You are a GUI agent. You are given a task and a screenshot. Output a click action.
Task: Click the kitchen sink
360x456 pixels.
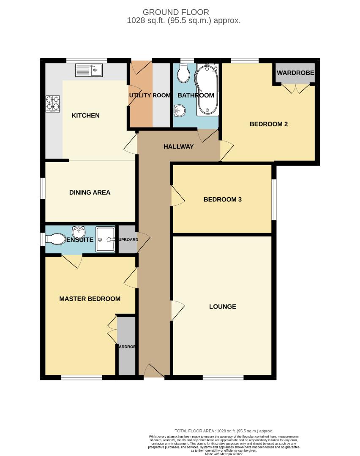(x=89, y=70)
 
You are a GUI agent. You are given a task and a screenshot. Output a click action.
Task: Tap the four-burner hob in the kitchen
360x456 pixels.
(x=53, y=104)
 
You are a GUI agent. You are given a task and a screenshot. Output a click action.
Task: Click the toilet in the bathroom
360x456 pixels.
(x=183, y=73)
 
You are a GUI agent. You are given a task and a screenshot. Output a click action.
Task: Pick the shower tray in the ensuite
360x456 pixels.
(x=105, y=239)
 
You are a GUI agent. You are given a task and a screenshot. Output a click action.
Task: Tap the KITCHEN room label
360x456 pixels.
(x=85, y=115)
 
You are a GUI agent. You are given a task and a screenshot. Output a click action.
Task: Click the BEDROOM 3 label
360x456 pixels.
(x=222, y=199)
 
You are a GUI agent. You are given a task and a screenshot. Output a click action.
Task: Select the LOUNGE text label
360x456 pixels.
(x=222, y=307)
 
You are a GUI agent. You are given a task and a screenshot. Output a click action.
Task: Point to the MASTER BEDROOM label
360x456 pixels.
(x=90, y=299)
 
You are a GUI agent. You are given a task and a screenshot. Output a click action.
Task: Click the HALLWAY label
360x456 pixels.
(x=178, y=147)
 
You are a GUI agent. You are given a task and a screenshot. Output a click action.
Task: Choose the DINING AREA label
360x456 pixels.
(x=90, y=193)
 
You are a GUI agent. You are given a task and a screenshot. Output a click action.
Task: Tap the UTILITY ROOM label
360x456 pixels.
(x=150, y=95)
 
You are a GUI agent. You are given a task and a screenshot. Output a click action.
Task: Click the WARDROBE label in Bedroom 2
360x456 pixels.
(x=295, y=73)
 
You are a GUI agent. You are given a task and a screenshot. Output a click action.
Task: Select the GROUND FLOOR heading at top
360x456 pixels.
(x=176, y=12)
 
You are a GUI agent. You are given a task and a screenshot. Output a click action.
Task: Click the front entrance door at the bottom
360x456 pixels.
(x=154, y=372)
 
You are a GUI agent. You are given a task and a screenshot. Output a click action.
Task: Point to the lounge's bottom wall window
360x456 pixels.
(x=223, y=377)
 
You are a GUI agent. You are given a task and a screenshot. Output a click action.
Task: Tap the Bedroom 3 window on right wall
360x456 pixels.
(x=274, y=199)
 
